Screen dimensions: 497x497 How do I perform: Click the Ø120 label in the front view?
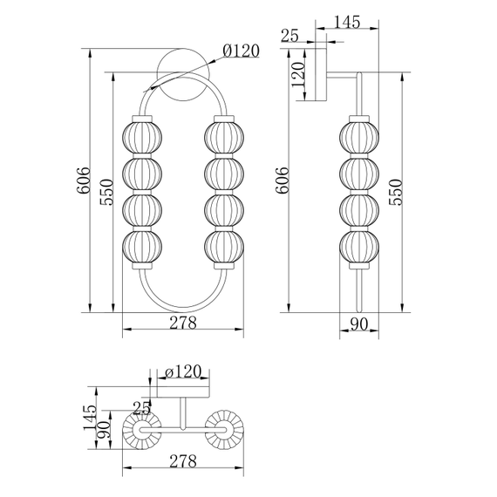[x=241, y=51]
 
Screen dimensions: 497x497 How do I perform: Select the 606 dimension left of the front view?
[x=83, y=180]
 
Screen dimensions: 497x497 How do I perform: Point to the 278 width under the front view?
[x=181, y=322]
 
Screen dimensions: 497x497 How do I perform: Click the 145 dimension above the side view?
[x=347, y=23]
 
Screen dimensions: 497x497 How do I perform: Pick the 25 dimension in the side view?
[x=290, y=35]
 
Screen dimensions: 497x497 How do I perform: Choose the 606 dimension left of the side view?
[x=281, y=180]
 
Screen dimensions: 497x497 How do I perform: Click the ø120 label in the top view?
[x=183, y=372]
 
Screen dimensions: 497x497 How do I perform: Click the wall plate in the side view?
[x=323, y=76]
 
